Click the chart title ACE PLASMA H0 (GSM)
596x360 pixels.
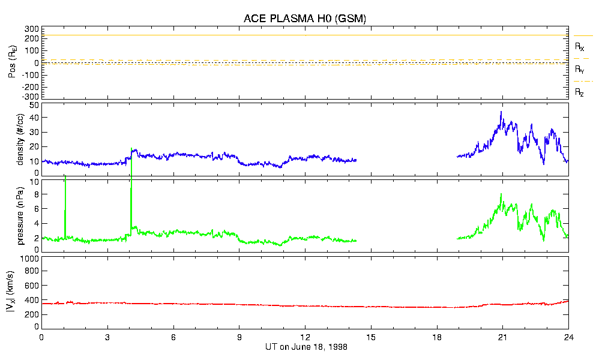[x=304, y=19]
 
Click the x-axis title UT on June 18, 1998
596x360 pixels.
[x=306, y=347]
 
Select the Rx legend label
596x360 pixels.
[x=580, y=46]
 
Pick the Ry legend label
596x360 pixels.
[x=580, y=70]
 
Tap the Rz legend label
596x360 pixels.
[x=580, y=92]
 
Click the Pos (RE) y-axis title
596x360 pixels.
[x=12, y=63]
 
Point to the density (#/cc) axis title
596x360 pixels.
[x=22, y=140]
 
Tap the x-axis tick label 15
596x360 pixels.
[x=371, y=337]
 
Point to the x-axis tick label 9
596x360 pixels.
[x=239, y=337]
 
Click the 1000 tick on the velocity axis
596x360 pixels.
[x=29, y=259]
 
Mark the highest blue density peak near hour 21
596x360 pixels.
[x=501, y=112]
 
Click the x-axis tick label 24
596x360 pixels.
[x=568, y=337]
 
